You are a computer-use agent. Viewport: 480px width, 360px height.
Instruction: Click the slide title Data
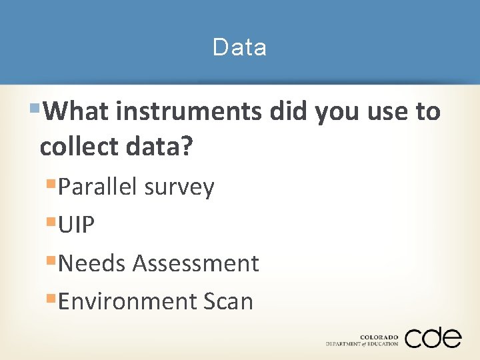[x=239, y=47]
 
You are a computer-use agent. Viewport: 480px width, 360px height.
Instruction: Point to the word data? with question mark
[x=159, y=147]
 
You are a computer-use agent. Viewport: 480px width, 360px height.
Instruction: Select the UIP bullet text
[x=77, y=225]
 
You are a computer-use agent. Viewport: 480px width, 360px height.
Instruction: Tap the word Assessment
[x=195, y=263]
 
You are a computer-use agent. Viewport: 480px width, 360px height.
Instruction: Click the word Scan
[x=228, y=301]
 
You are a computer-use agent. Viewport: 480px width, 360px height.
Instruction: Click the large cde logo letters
[x=433, y=338]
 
